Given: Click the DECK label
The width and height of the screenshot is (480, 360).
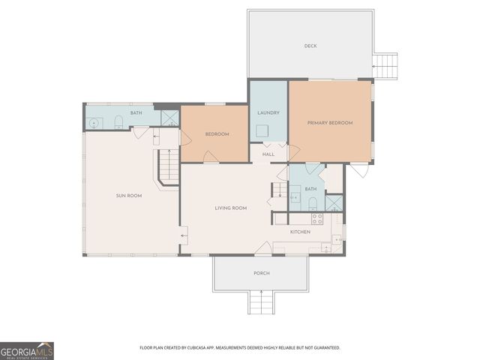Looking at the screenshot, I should (310, 46).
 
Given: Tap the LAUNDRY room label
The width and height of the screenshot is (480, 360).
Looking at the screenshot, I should (268, 113).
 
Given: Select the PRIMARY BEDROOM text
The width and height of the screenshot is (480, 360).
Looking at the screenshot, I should (330, 123).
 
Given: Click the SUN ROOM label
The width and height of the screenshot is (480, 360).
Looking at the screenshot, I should (128, 196).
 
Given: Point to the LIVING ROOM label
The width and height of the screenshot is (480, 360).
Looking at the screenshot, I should (230, 208).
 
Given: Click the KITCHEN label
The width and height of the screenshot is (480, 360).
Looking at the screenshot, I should (301, 232).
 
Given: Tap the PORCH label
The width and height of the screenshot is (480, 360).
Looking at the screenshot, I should (261, 273).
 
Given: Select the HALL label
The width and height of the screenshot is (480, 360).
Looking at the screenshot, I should (268, 154).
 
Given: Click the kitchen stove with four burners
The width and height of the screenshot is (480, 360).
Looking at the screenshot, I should (317, 219).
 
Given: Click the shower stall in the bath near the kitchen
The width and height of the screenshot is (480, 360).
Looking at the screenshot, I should (334, 202).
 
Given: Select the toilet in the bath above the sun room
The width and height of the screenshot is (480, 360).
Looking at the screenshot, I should (118, 122).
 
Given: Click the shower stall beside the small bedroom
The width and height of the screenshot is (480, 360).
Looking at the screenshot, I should (170, 118).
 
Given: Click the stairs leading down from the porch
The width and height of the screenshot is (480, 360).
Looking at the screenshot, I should (261, 303).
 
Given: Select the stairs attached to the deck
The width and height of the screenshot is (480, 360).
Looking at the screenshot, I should (385, 66).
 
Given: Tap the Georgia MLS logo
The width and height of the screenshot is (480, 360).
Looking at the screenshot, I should (27, 351).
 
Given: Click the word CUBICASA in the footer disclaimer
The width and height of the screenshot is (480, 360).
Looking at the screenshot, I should (209, 348).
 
